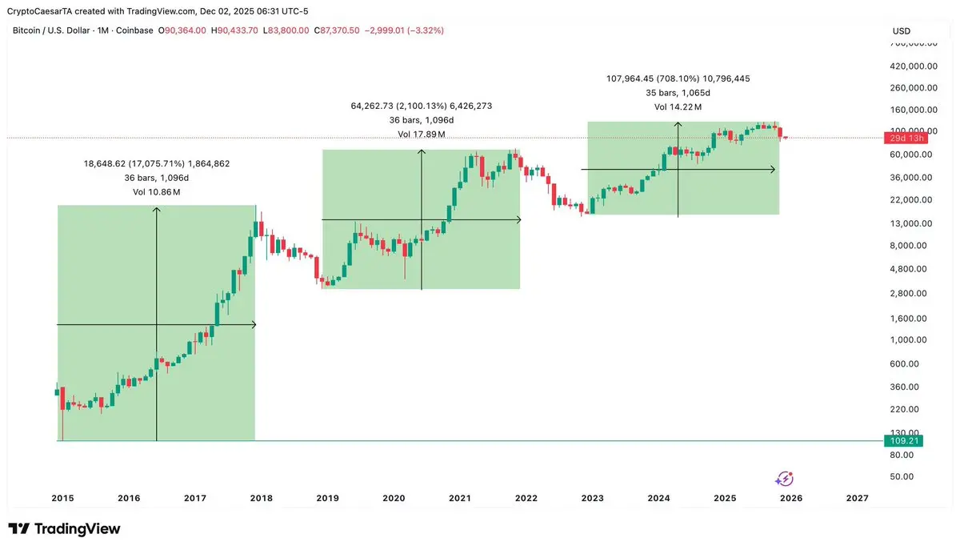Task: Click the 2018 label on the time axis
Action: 261,498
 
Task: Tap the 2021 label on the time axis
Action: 459,498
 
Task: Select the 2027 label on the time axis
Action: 857,498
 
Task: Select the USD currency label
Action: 902,31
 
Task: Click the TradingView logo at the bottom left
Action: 64,529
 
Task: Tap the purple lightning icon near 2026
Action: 785,479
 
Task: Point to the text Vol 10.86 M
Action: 156,192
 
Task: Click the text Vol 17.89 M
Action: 421,134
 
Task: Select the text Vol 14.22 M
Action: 678,106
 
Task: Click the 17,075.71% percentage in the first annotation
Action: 158,163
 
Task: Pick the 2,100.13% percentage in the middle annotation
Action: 422,105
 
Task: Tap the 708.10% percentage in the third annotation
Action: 678,78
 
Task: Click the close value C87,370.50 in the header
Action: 337,30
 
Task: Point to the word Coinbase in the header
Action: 134,30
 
